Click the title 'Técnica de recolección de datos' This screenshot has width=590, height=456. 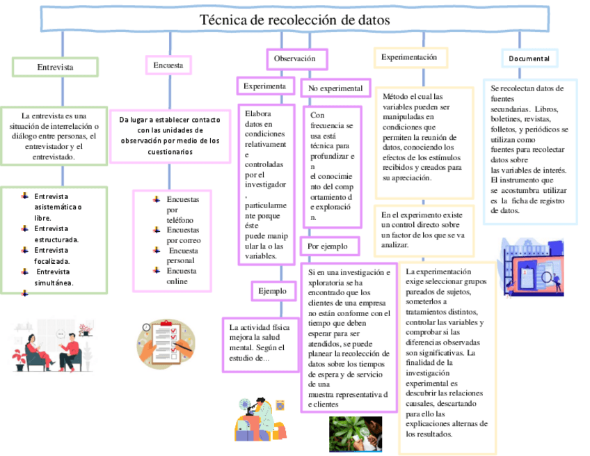coord(295,20)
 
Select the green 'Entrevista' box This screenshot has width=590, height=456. coord(55,67)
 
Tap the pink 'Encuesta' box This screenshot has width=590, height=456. coord(168,65)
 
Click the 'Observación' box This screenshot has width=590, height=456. coord(296,59)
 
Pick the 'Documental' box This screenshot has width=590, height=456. coord(529,59)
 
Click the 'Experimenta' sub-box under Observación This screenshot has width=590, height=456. coord(264,86)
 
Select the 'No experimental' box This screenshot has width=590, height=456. coord(335,88)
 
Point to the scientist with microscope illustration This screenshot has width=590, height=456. coord(260,417)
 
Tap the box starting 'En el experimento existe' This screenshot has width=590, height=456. coord(423,230)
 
